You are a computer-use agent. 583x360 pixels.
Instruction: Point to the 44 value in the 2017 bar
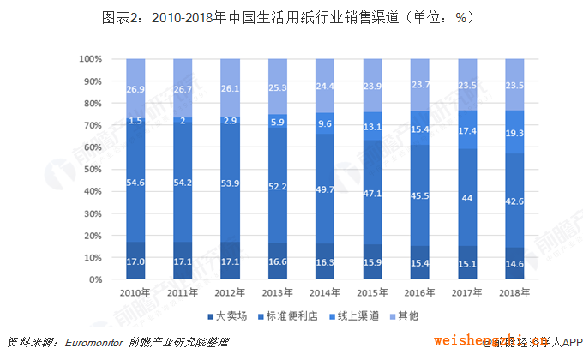466,198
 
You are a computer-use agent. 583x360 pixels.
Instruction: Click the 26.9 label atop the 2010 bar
135,89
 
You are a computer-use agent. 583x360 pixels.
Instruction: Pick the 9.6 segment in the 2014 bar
325,123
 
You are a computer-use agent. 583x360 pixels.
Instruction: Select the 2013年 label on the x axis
278,291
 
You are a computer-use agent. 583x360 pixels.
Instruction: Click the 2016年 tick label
419,291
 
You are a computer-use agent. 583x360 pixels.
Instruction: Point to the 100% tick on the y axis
91,59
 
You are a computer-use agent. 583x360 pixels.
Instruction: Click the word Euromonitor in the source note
96,343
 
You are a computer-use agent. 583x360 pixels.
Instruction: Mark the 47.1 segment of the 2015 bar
372,194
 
